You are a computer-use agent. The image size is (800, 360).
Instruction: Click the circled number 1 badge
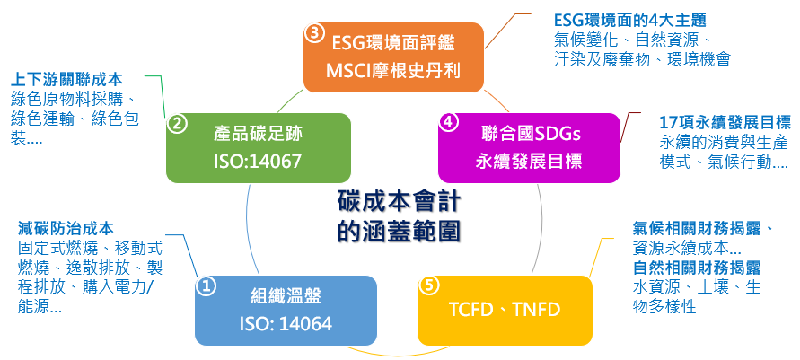[x=206, y=286]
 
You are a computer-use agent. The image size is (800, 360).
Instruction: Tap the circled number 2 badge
[x=178, y=124]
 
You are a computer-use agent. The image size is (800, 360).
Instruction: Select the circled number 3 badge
[x=313, y=33]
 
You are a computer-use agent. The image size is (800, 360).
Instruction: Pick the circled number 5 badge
[x=428, y=285]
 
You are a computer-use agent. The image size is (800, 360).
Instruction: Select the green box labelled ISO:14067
[x=257, y=148]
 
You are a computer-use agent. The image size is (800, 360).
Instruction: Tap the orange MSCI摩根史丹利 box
[x=393, y=57]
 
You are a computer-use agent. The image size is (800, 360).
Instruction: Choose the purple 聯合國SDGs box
[x=529, y=147]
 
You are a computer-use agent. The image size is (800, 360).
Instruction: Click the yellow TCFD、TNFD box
[x=505, y=310]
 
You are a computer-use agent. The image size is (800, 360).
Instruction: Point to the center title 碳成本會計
[x=399, y=199]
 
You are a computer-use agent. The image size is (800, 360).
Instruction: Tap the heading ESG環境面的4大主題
[x=630, y=20]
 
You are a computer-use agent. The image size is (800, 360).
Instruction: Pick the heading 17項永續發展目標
[x=724, y=122]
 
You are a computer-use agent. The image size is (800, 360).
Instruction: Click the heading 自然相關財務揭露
[x=697, y=268]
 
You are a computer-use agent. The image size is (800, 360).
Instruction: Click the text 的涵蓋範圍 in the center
[x=399, y=231]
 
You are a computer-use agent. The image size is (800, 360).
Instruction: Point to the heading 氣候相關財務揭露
[x=703, y=228]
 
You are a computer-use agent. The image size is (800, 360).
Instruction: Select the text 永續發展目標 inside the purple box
[x=529, y=162]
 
